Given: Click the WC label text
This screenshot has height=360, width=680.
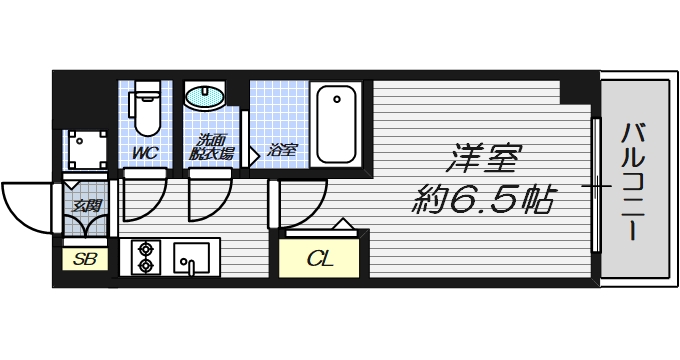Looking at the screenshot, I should tap(145, 154).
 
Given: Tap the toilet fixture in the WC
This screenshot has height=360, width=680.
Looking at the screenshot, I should tap(147, 111).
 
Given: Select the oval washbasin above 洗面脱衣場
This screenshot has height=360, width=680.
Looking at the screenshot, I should tap(206, 99).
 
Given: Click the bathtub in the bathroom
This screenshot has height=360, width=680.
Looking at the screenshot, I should tap(335, 124).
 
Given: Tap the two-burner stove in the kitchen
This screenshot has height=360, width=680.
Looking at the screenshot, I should tap(146, 257).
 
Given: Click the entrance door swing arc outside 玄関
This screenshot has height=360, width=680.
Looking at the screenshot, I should tap(26, 207).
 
